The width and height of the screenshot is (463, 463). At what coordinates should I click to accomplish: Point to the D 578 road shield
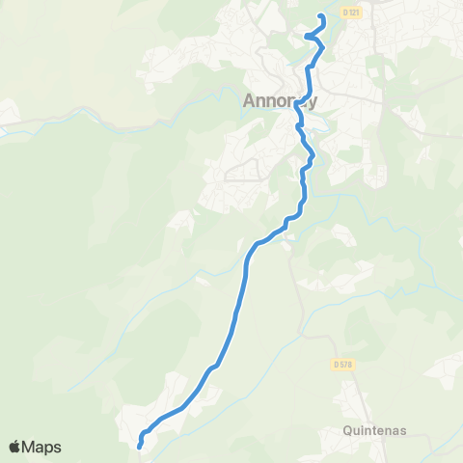coord(340,364)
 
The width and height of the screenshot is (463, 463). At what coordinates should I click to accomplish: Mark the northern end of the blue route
coord(321,16)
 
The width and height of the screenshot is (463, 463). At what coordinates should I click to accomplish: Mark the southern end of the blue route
coord(140,446)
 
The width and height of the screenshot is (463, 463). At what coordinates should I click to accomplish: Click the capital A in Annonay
coord(249,99)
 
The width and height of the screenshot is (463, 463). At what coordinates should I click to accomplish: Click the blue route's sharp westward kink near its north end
coord(308,37)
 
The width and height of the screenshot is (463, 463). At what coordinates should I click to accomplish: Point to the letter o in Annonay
coord(287,99)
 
